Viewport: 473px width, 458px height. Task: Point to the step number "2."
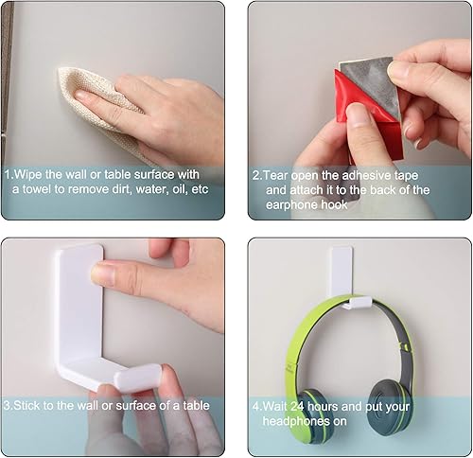pyautogui.click(x=257, y=175)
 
